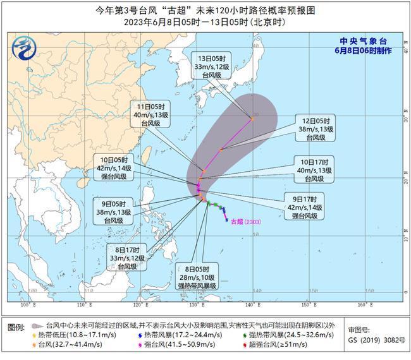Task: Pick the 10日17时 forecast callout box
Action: coord(310,170)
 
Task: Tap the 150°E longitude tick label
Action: coord(307,306)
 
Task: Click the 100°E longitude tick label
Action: coord(26,306)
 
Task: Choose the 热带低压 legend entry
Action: coord(70,334)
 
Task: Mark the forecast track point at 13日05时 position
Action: coord(252,119)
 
